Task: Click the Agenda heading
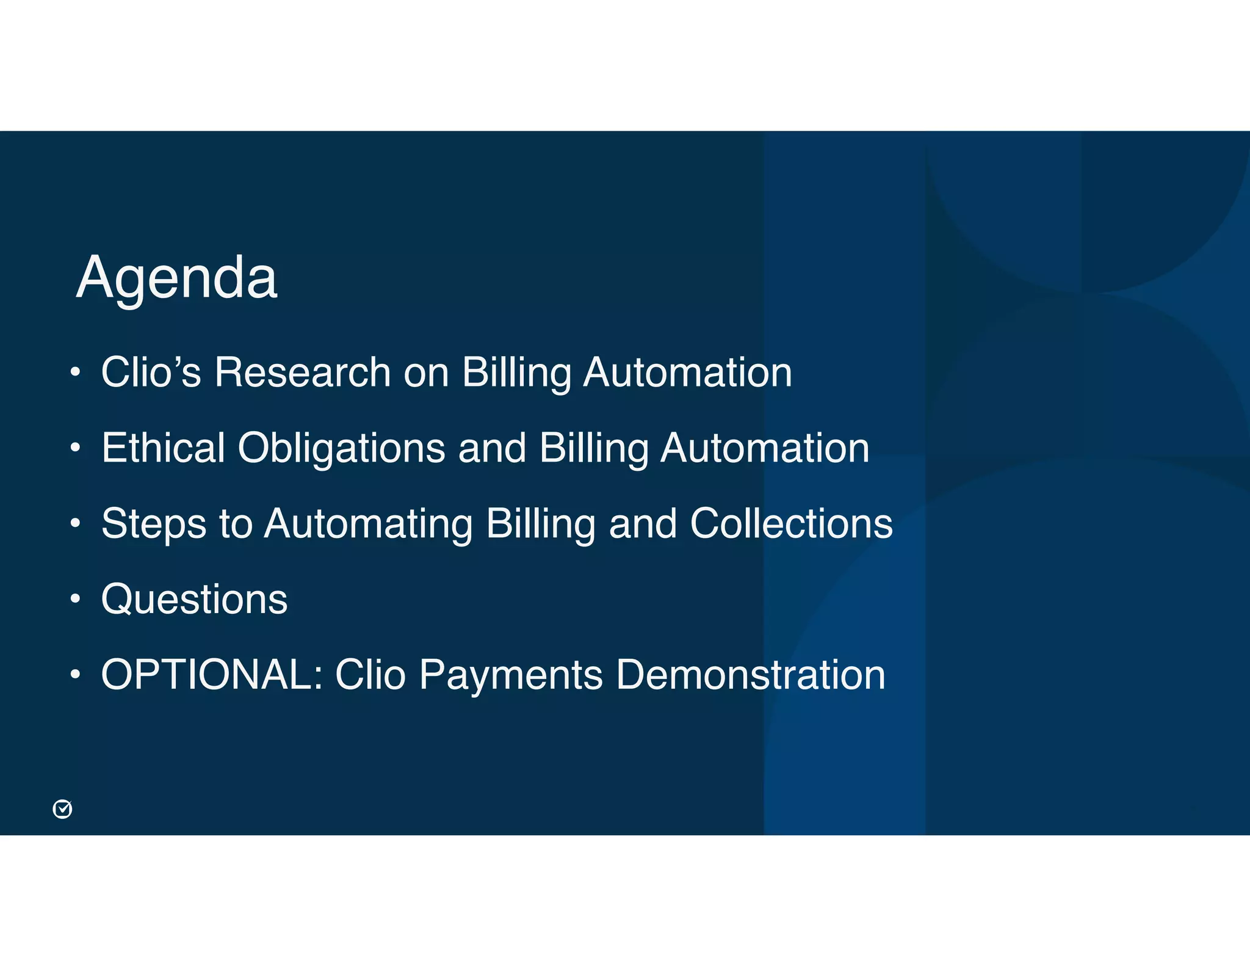click(176, 278)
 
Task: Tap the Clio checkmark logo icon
click(62, 809)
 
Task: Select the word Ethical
click(163, 448)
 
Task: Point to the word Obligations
click(341, 449)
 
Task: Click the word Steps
click(154, 524)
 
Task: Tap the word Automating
click(368, 524)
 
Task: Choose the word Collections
click(791, 523)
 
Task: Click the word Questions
click(194, 600)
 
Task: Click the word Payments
click(511, 675)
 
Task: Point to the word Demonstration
click(750, 675)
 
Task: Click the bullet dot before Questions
click(74, 599)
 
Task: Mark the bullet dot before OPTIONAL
click(74, 675)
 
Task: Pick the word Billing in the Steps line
click(541, 525)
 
